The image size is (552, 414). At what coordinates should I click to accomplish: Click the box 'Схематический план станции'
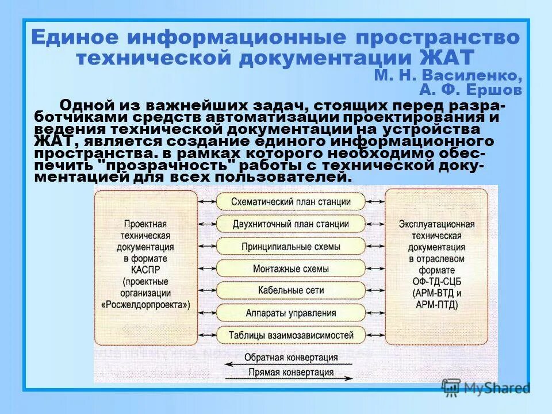(x=291, y=202)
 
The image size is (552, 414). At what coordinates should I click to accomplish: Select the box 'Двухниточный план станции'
(x=291, y=224)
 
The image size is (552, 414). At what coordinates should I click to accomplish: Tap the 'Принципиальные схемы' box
(x=291, y=246)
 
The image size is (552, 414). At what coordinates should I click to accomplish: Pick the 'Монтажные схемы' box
(x=291, y=269)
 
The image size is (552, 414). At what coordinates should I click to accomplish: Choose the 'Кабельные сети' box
(x=291, y=290)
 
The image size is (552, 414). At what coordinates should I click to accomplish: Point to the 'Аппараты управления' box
(x=291, y=313)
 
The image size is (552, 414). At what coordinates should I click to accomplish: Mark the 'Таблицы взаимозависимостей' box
(x=291, y=335)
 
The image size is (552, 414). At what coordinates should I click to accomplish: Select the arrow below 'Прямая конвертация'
(x=290, y=379)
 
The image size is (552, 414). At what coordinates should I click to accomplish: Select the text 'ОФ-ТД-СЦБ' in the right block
(x=436, y=282)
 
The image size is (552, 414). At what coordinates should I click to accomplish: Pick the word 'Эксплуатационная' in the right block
(x=436, y=224)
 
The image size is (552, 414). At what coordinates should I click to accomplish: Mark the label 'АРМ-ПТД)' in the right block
(x=436, y=305)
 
